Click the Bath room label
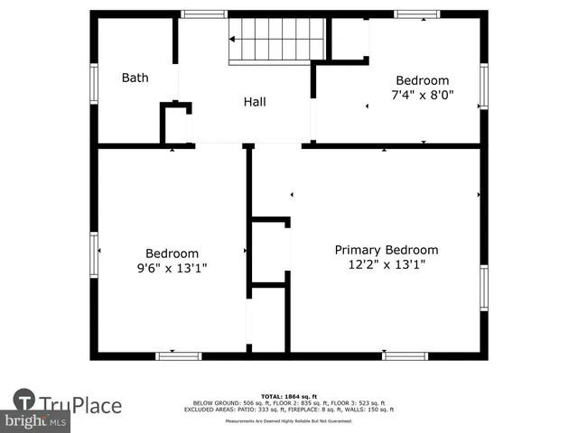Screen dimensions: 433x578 tap(135, 78)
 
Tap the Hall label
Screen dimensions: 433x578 tap(255, 102)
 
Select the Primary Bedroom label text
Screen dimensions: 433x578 tap(387, 250)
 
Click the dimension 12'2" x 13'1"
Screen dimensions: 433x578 tap(387, 264)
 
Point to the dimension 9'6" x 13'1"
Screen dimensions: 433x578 tap(172, 268)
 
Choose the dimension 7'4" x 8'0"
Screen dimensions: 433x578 tap(422, 94)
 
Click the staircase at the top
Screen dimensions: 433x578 tap(275, 40)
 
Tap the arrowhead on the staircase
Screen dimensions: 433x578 tap(232, 40)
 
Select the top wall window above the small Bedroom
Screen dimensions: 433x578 tap(417, 14)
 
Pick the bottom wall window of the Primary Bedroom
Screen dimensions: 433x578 tap(405, 356)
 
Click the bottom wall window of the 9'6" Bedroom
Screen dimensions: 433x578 tap(179, 356)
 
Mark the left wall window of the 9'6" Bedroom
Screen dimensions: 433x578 tap(94, 253)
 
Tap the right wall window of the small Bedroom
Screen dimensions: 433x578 tap(484, 87)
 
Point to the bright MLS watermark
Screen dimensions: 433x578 tap(36, 421)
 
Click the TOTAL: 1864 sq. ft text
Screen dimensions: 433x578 tap(290, 396)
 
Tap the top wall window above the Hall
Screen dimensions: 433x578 tap(203, 14)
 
